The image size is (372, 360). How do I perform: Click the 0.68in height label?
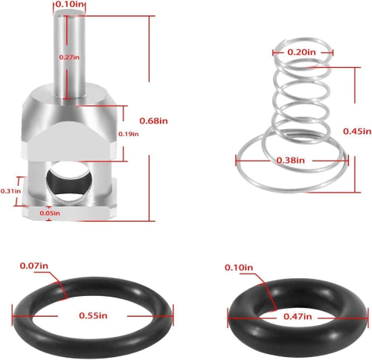tap(153, 120)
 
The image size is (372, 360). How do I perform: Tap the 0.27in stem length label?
tap(69, 57)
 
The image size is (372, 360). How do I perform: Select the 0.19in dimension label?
tap(128, 134)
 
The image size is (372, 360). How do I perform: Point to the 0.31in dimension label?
tap(10, 191)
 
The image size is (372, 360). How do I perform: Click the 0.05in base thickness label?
tap(50, 213)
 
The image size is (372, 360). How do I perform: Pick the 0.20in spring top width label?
tap(301, 52)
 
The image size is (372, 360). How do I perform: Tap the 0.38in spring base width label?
tap(291, 161)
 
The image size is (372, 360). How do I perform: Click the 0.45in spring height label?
tap(357, 131)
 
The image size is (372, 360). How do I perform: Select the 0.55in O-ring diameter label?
tap(93, 315)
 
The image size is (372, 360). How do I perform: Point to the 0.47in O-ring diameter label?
tap(298, 316)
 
